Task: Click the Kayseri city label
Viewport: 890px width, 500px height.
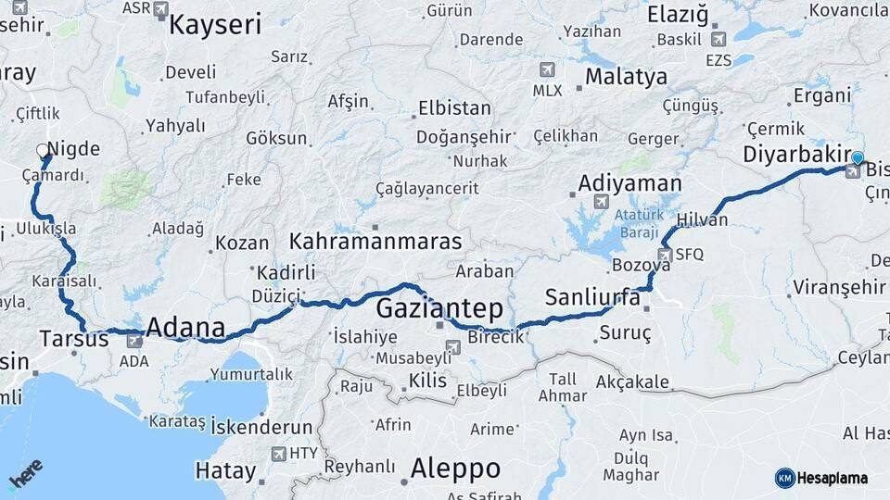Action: coord(215,24)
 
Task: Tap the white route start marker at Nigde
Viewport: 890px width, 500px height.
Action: coord(43,150)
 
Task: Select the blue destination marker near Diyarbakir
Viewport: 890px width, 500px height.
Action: coord(858,158)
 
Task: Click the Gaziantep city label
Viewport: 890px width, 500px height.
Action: coord(439,308)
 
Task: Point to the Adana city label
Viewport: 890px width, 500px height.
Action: coord(186,328)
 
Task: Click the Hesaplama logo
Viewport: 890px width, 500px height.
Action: coord(821,478)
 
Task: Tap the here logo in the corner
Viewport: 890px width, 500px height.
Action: coord(26,474)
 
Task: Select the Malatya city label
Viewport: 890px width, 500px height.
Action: coord(626,77)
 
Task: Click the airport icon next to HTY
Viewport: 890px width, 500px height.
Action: coord(278,454)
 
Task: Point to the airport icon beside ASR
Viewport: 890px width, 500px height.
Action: coord(161,9)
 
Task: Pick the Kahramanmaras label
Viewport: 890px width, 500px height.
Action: coord(375,242)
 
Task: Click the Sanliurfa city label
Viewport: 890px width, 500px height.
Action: coord(592,297)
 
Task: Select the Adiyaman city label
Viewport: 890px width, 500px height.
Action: coord(629,183)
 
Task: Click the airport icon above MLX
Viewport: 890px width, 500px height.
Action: coord(547,70)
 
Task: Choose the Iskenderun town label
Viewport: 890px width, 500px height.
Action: coord(261,427)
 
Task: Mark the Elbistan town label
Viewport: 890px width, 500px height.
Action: coord(454,108)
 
